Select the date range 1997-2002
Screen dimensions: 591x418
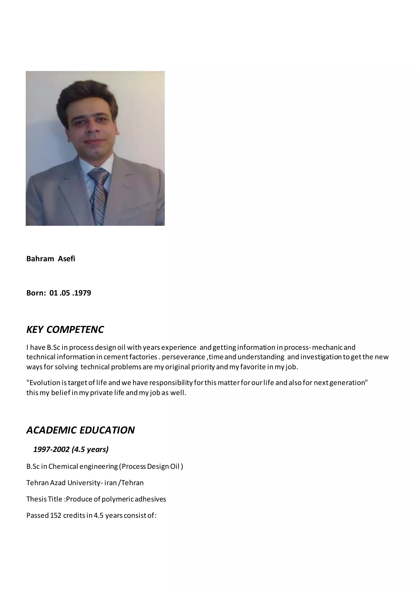click(51, 449)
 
